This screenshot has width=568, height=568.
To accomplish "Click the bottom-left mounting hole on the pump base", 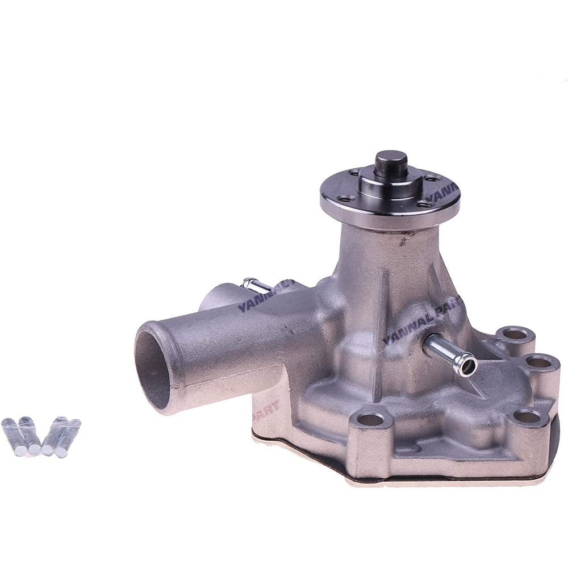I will coord(370,420).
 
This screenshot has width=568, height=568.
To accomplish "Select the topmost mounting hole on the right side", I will coord(515,334).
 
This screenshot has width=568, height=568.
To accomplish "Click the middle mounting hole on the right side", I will coord(538,362).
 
